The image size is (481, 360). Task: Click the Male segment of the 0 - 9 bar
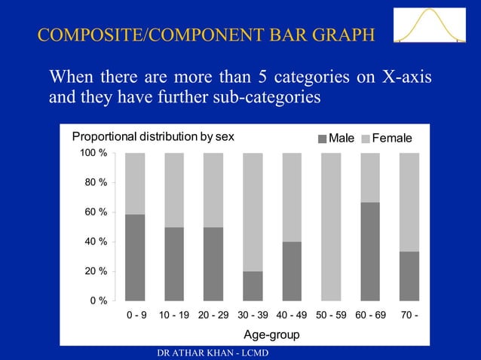tap(135, 258)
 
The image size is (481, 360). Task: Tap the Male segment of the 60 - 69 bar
tap(370, 252)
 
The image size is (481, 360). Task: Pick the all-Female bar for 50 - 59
tap(331, 227)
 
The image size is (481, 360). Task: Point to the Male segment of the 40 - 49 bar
tap(292, 271)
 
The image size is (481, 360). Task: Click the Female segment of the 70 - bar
tap(409, 202)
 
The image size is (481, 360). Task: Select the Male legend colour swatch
tap(323, 139)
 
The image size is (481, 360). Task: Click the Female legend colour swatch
tap(367, 139)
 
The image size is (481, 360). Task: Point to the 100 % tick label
tap(93, 154)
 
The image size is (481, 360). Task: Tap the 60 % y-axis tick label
tap(97, 212)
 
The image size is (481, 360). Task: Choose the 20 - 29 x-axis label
tap(213, 315)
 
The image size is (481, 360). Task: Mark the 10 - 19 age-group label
tap(174, 315)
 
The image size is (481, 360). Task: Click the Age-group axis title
tap(272, 334)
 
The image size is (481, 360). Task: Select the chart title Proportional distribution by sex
tap(153, 137)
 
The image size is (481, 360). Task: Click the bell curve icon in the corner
tap(427, 27)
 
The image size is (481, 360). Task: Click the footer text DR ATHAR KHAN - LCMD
tap(210, 353)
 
